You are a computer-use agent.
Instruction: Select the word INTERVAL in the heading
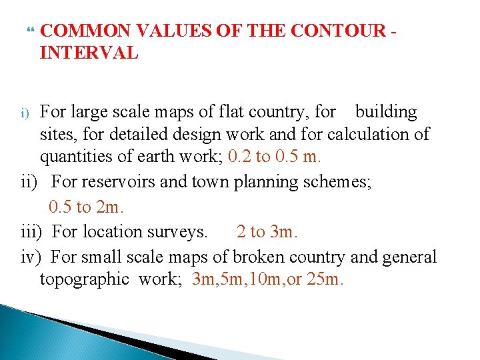click(89, 53)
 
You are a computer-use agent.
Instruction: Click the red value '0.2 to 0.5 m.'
click(275, 157)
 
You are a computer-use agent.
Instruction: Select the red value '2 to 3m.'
click(267, 232)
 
